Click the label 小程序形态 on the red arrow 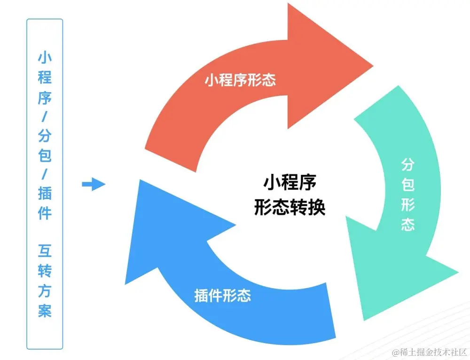(240, 80)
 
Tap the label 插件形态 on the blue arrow (222, 295)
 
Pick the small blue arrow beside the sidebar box (94, 184)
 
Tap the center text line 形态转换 (289, 207)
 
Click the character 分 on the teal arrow (407, 164)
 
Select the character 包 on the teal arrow (407, 184)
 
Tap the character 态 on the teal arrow (407, 224)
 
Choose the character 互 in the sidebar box (45, 251)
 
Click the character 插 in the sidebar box (45, 193)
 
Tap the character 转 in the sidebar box (45, 271)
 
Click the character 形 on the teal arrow (407, 204)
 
